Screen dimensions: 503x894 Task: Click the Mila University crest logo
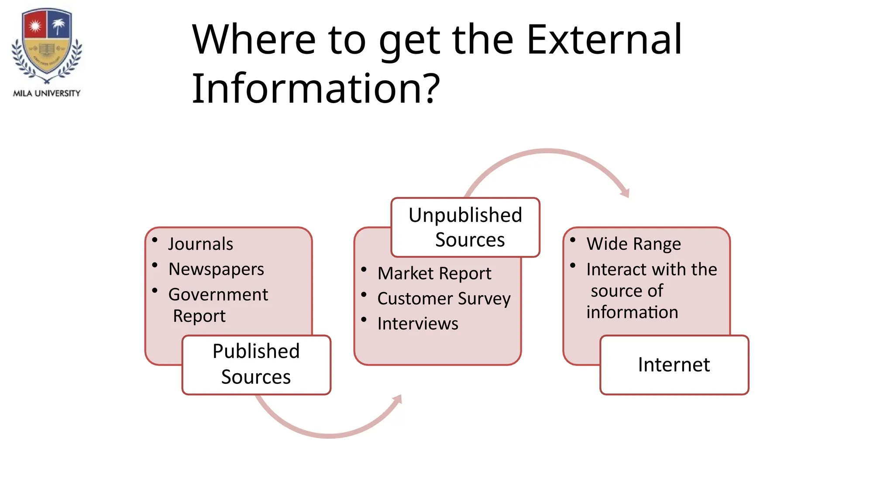(x=47, y=46)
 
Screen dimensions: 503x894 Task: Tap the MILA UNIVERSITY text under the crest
(x=47, y=93)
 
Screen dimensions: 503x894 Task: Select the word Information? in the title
(x=316, y=89)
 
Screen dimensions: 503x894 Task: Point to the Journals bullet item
(x=200, y=244)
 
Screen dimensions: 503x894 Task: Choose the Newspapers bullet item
(x=216, y=269)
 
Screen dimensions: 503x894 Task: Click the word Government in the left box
(x=218, y=294)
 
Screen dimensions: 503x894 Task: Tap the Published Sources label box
(x=256, y=365)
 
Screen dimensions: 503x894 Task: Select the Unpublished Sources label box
(x=465, y=227)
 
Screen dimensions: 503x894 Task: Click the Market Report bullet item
(x=434, y=273)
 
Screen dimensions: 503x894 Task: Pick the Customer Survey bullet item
(x=444, y=299)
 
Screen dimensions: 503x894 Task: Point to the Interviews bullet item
(x=418, y=324)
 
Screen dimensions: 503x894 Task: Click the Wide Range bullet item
(x=633, y=244)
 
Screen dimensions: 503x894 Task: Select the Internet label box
(x=674, y=365)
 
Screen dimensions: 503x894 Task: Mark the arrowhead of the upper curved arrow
(x=626, y=193)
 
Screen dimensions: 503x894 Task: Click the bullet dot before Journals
(x=155, y=239)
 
